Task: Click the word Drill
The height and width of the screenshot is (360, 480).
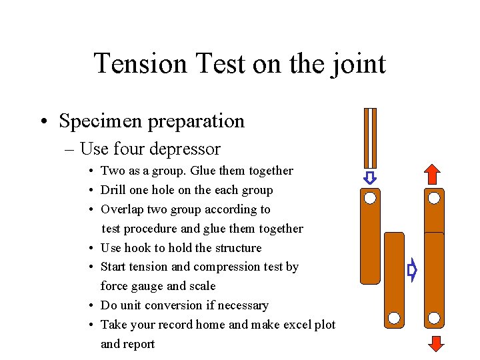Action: click(x=114, y=190)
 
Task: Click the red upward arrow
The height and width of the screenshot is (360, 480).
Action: click(x=433, y=173)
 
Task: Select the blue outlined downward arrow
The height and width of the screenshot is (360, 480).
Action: click(x=370, y=178)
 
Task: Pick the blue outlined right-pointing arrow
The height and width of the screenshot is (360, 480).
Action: click(x=412, y=271)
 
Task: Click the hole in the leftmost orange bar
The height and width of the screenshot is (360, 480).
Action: click(x=370, y=198)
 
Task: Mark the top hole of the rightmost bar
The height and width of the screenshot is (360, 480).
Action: click(x=434, y=198)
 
